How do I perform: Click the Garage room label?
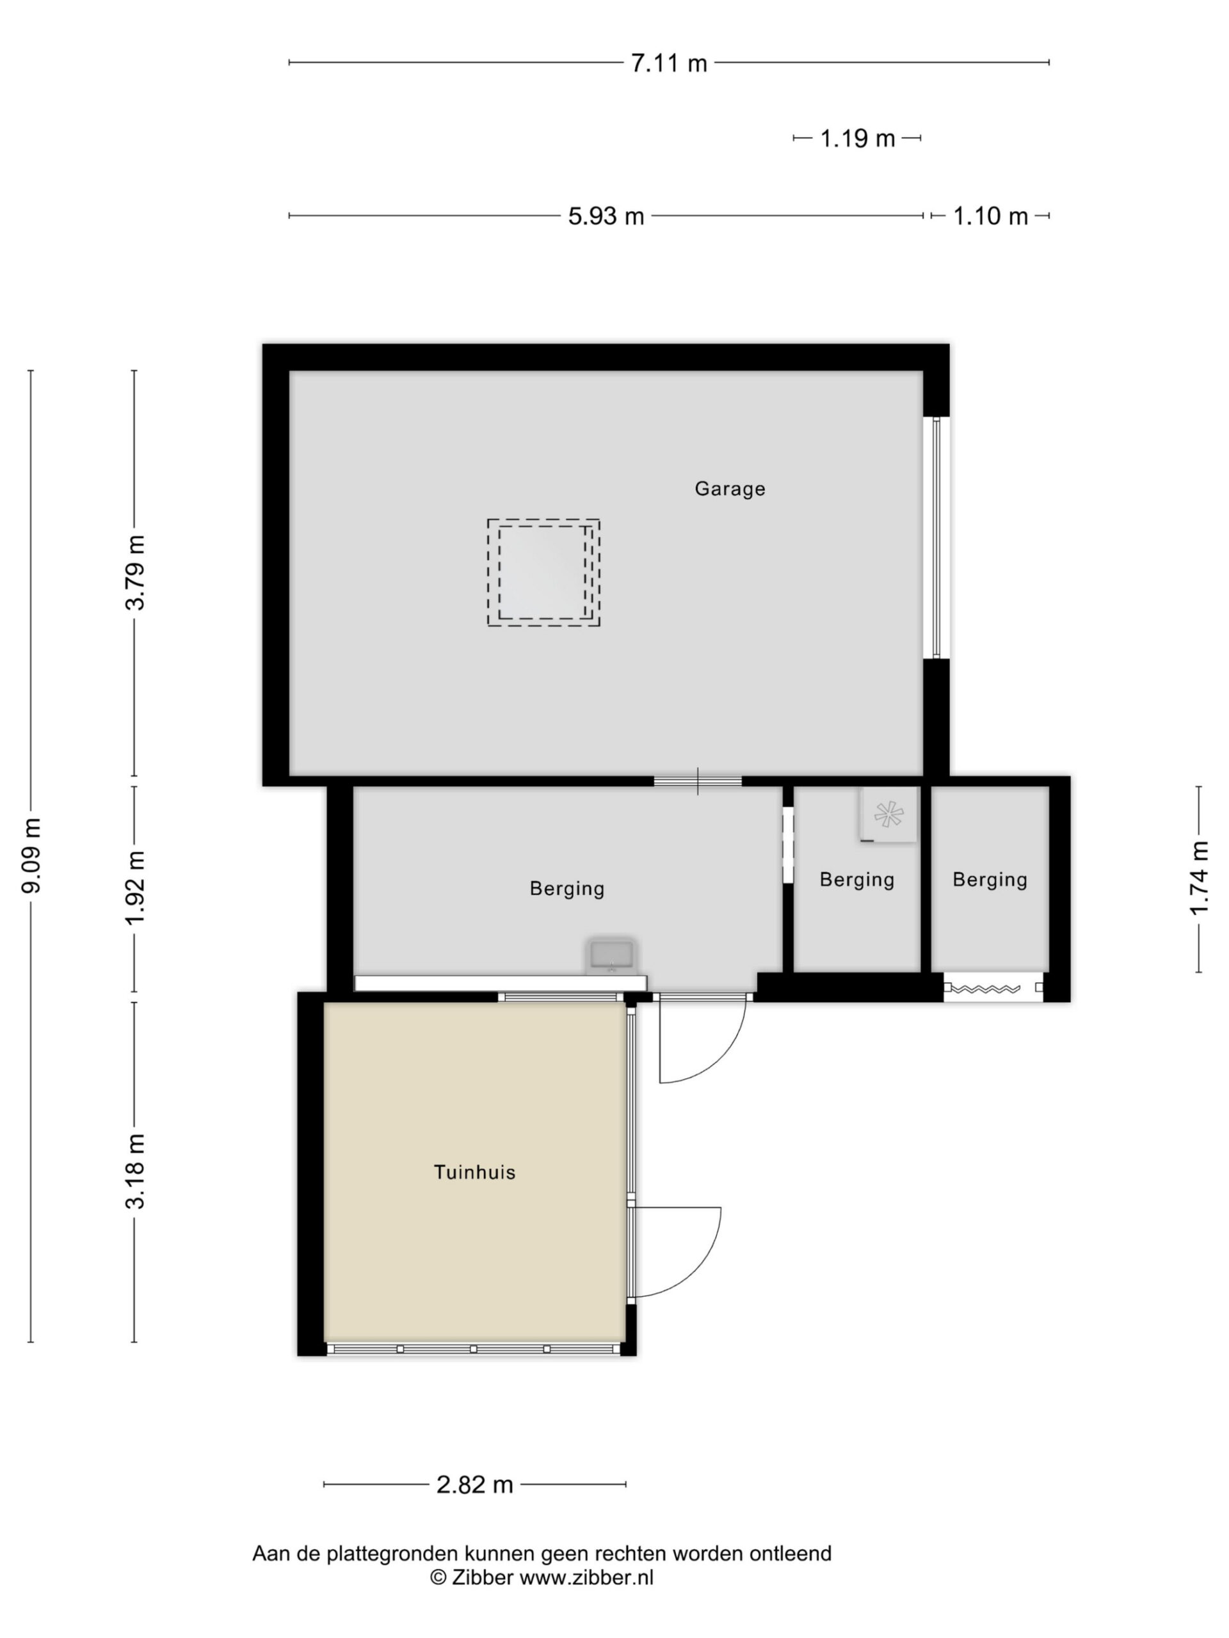tap(730, 489)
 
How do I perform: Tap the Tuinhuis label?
tap(475, 1172)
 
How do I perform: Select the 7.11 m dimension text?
tap(669, 63)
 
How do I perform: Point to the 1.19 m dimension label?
tap(857, 138)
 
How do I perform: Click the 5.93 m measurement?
tap(606, 216)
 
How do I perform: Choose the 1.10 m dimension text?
tap(990, 216)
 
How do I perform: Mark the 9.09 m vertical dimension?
tap(32, 855)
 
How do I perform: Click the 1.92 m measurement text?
tap(136, 888)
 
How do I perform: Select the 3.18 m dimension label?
tap(136, 1172)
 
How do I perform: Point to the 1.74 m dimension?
tap(1200, 879)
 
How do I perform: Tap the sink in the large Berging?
tap(611, 957)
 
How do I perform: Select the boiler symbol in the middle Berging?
tap(889, 814)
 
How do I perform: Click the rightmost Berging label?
tap(990, 879)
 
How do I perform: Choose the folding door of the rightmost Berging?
tap(993, 987)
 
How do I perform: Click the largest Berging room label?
tap(566, 888)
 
